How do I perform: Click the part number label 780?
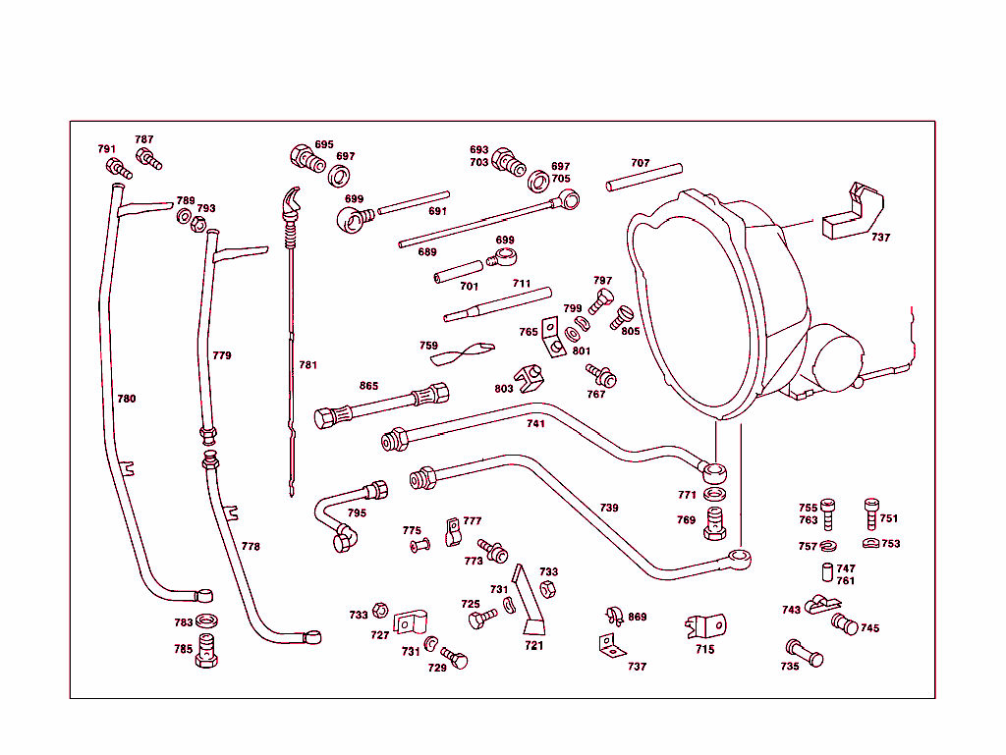[x=127, y=399]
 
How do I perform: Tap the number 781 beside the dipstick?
[x=308, y=365]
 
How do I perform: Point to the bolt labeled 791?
[x=114, y=167]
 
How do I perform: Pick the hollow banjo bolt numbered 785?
[x=206, y=650]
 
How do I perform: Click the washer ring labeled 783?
[x=207, y=621]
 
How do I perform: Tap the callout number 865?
[x=368, y=386]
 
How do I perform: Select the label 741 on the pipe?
[x=535, y=423]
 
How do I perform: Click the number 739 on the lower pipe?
[x=609, y=508]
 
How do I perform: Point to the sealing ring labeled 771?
[x=717, y=494]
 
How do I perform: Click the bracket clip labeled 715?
[x=705, y=625]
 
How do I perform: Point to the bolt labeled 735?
[x=804, y=653]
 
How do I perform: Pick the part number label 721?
[x=533, y=645]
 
